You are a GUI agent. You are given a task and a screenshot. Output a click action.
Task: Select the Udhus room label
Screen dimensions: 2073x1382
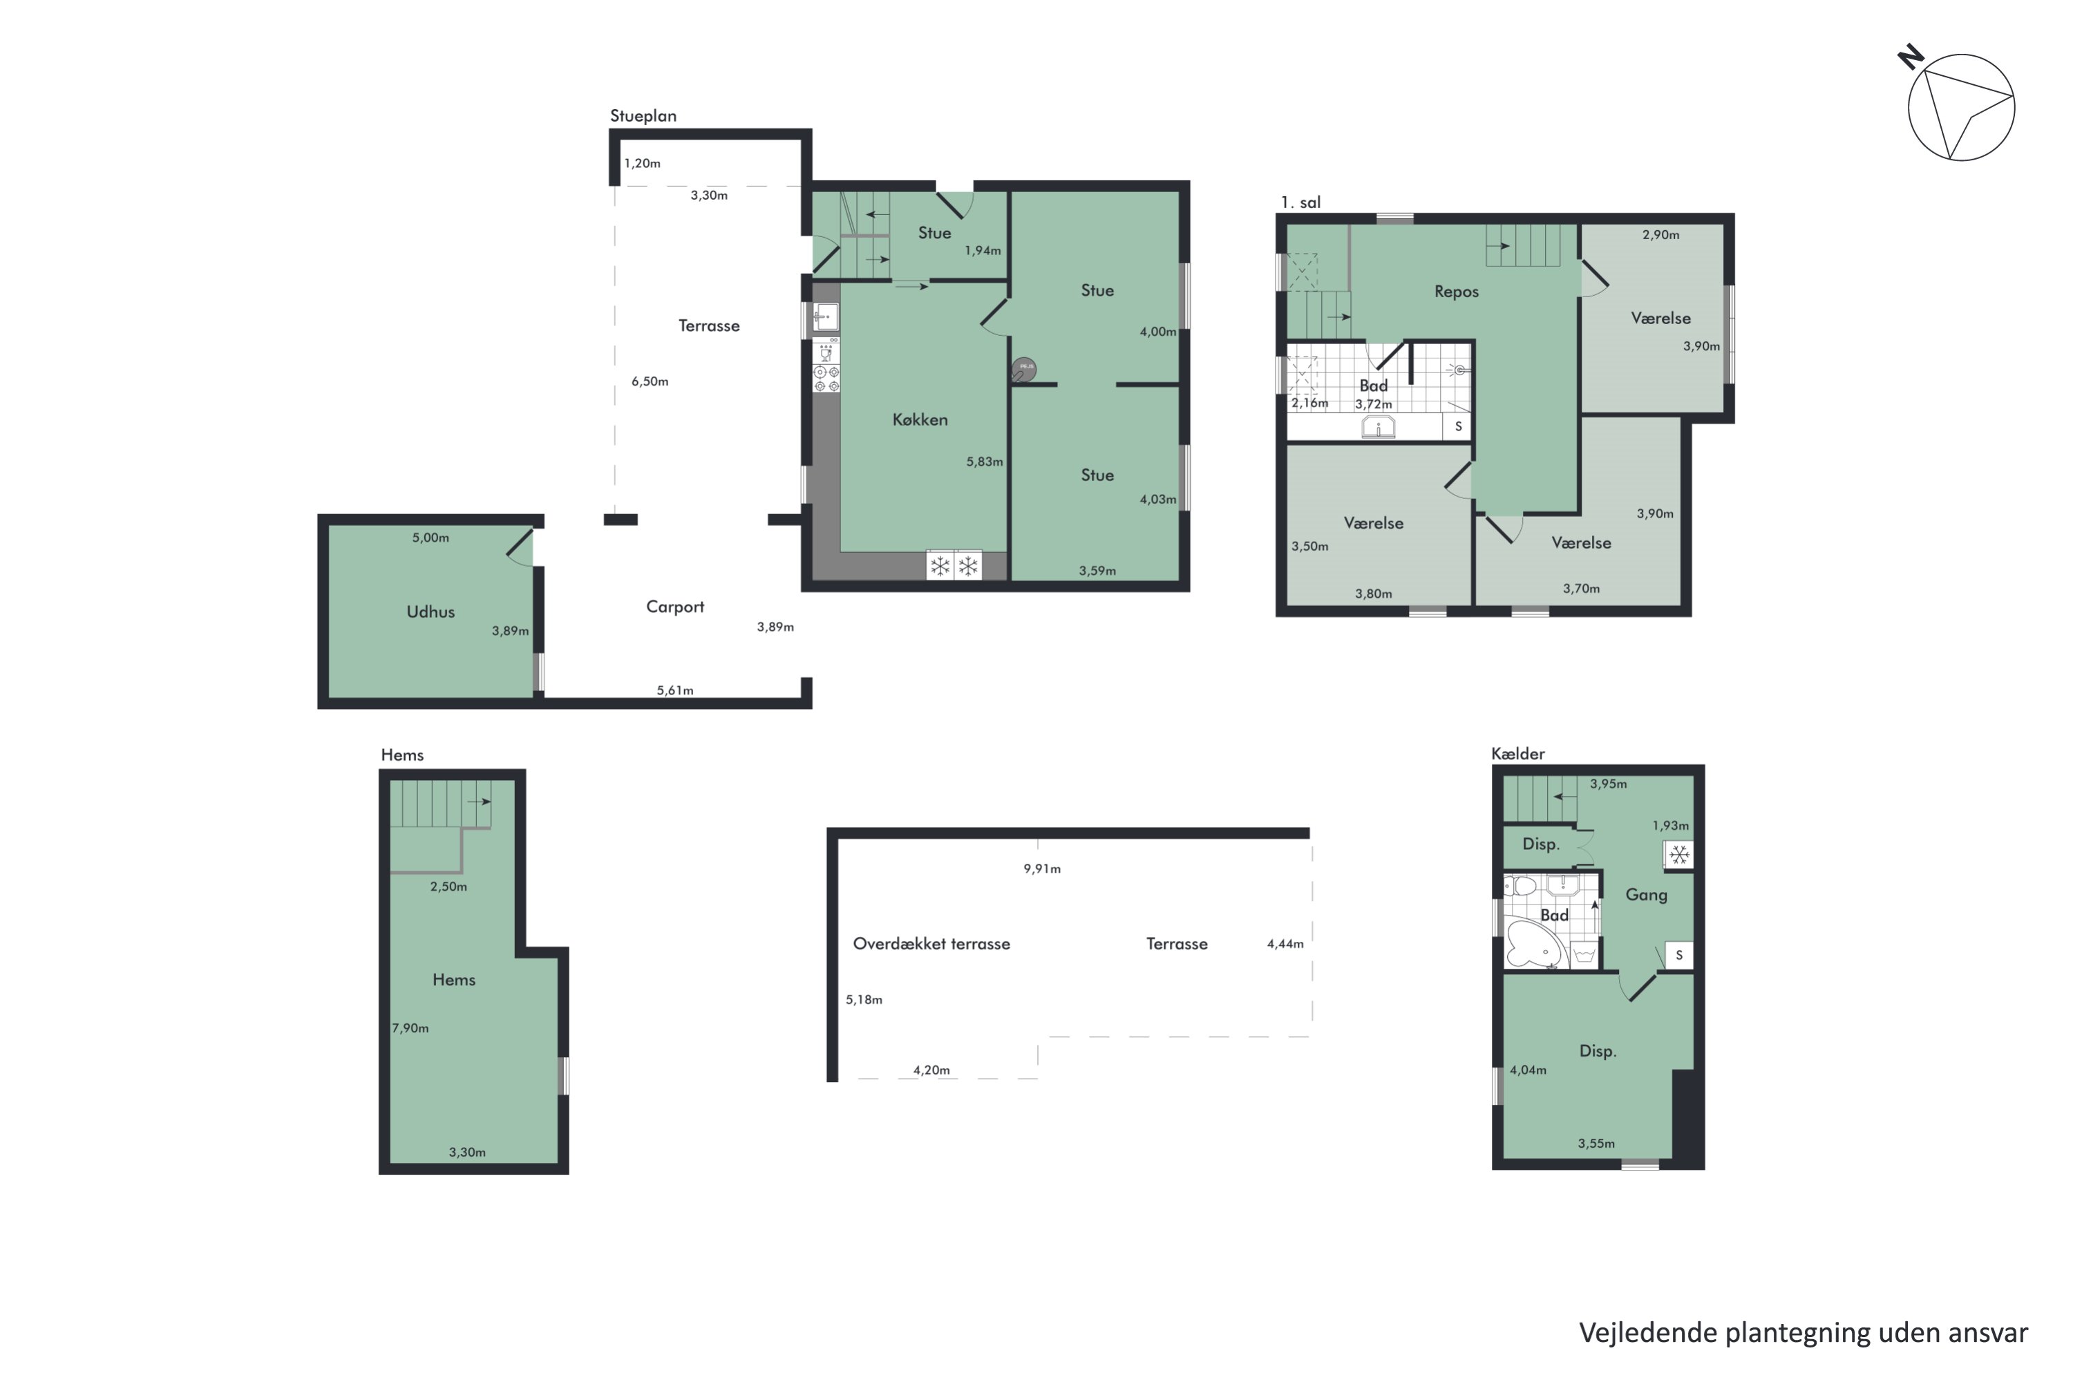coord(430,612)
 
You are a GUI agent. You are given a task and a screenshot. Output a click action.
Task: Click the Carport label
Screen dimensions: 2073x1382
coord(674,607)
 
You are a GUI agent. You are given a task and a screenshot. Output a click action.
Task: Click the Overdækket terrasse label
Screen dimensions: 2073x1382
coord(931,944)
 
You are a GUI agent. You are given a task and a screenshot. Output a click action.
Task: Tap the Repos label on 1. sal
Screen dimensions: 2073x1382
coord(1456,292)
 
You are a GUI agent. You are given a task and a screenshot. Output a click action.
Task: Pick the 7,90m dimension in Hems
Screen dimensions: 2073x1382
coord(410,1028)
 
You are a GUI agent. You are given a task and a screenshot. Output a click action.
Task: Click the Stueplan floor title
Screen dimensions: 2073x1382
coord(643,115)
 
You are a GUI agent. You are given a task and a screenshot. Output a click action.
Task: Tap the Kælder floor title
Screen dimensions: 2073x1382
coord(1517,754)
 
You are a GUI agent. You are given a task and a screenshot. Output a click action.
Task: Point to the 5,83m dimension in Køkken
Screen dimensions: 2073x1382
coord(985,462)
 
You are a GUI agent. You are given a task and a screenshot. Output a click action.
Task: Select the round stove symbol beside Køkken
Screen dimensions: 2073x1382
coord(1023,368)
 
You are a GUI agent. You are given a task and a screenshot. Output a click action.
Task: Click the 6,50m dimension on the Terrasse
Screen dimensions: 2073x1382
coord(650,381)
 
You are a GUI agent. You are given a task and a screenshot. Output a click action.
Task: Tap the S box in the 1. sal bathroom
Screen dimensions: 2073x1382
coord(1458,426)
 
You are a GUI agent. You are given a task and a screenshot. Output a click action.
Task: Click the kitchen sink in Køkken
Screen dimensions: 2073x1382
coord(825,316)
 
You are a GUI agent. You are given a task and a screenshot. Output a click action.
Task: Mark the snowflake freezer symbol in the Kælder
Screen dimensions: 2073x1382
coord(1679,855)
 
